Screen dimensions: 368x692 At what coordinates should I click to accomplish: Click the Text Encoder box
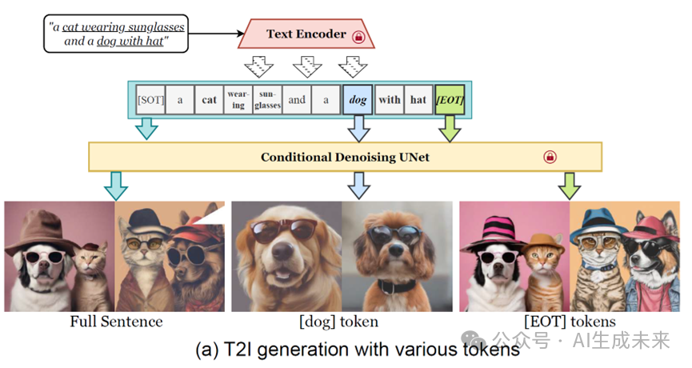click(306, 35)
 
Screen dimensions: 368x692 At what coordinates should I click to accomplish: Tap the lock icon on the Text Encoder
click(358, 37)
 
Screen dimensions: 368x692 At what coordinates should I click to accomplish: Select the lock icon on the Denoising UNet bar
click(550, 157)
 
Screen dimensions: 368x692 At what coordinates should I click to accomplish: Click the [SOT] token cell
click(150, 100)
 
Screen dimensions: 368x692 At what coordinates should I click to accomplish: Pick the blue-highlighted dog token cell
click(358, 100)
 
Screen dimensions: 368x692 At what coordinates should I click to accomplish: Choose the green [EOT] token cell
click(450, 100)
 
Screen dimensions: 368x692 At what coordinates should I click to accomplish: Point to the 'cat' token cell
click(210, 100)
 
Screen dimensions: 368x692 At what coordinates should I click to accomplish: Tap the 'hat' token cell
click(418, 100)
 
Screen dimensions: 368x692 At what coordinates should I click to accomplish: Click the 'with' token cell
click(390, 100)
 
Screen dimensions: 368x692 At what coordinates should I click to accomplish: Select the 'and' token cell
click(297, 100)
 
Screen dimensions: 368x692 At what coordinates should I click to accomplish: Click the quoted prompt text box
click(116, 33)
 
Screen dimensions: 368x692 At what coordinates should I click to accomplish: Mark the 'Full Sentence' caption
click(116, 322)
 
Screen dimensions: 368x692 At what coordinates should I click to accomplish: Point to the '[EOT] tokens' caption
click(570, 322)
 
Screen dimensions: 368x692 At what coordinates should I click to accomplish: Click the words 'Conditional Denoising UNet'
click(345, 157)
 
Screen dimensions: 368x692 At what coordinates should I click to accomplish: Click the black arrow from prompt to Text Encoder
click(216, 34)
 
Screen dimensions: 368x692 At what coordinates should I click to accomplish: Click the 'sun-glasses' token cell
click(268, 100)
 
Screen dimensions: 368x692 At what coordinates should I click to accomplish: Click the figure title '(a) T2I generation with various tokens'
click(358, 350)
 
